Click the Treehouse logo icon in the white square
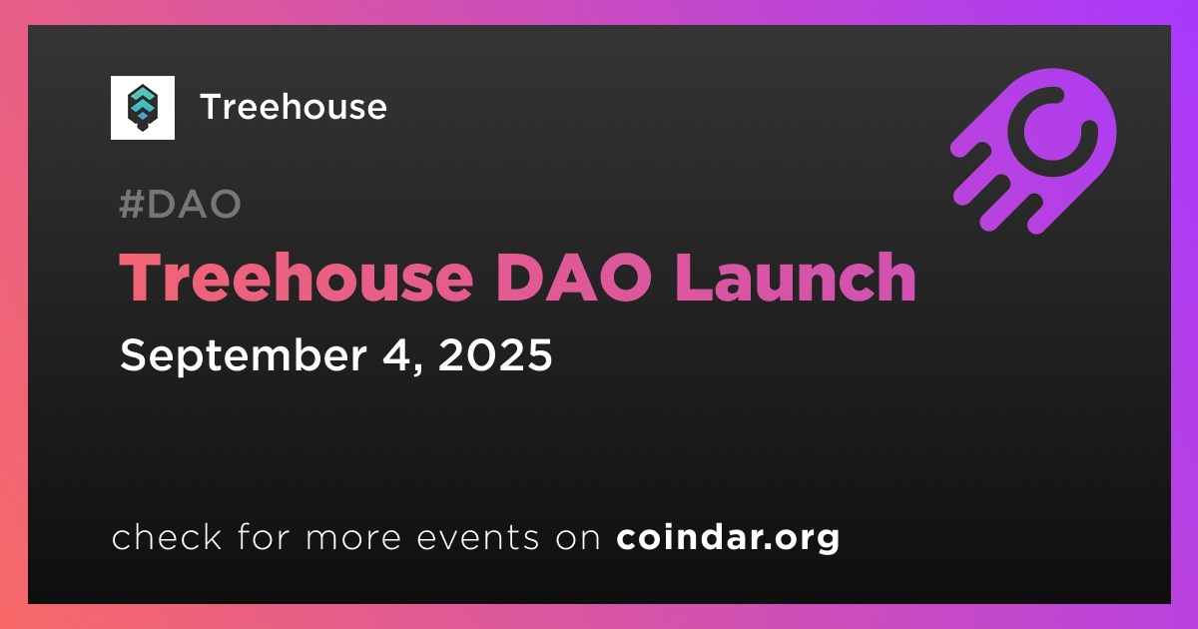[x=142, y=108]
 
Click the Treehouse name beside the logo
[x=294, y=107]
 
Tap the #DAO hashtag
[x=181, y=204]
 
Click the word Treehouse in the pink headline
[x=297, y=278]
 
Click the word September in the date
[x=244, y=355]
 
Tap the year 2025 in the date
[x=495, y=354]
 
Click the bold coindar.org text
[x=728, y=537]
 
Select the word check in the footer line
[x=167, y=536]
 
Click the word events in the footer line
[x=477, y=537]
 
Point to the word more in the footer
[x=353, y=537]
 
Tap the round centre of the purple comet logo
[x=1052, y=132]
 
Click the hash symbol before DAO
[x=131, y=204]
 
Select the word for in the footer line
[x=264, y=536]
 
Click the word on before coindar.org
[x=578, y=537]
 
